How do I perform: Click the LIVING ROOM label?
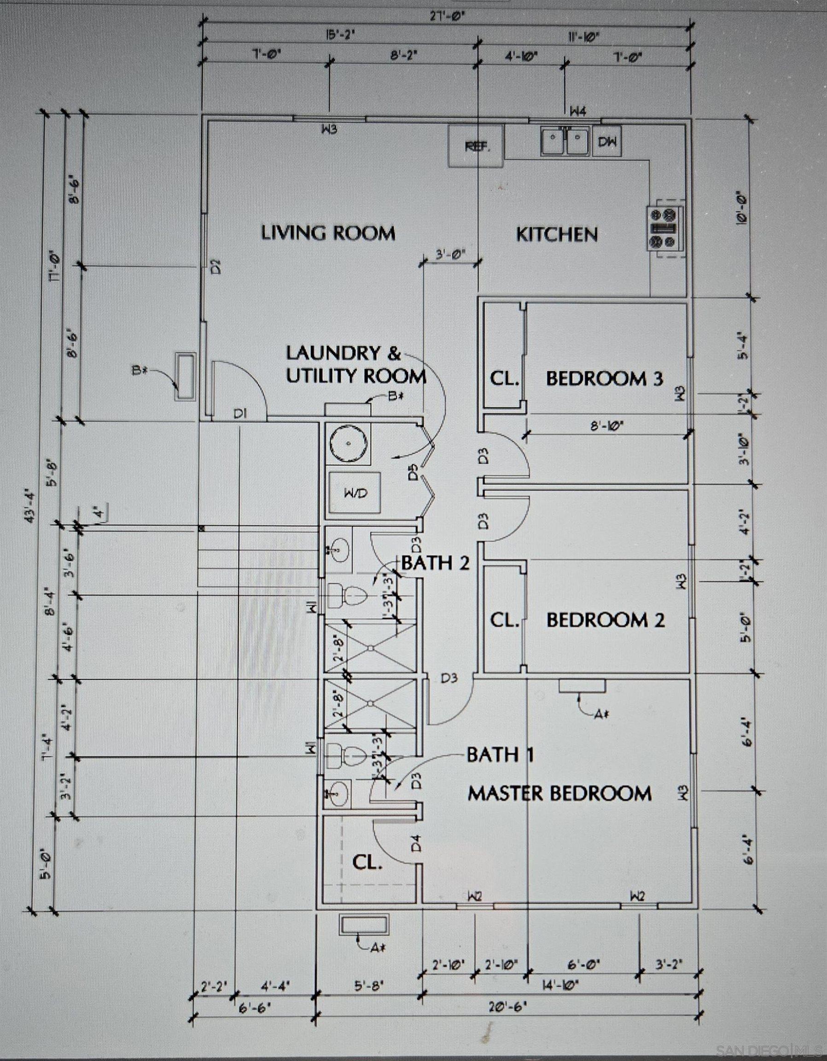coord(328,233)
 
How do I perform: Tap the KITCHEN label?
coord(556,235)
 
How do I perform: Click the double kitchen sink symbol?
coord(566,140)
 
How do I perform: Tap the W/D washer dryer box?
coord(356,493)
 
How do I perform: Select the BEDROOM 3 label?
coord(605,379)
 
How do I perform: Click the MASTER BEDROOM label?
coord(559,793)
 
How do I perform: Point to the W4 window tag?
coord(578,112)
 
